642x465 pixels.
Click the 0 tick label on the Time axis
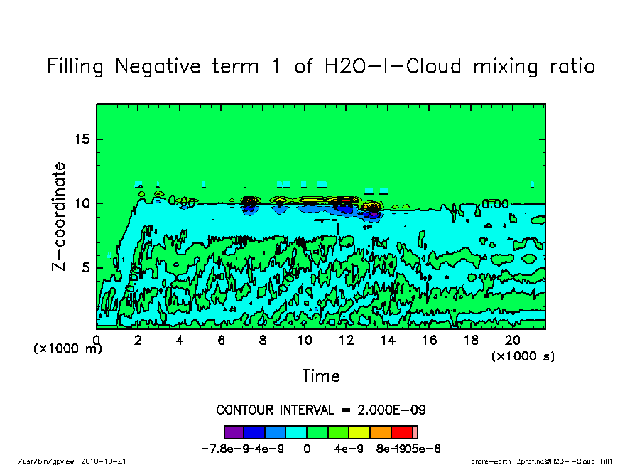97,341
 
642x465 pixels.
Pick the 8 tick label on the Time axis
263,341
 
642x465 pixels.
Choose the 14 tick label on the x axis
388,341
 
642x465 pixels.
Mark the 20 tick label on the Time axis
513,341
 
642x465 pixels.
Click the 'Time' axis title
320,376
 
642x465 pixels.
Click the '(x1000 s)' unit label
523,356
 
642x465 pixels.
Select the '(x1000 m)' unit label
68,349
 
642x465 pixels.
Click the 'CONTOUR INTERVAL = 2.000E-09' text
320,410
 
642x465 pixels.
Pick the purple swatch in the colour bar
234,432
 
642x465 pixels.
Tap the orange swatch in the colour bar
381,432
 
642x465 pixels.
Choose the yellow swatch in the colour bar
359,432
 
